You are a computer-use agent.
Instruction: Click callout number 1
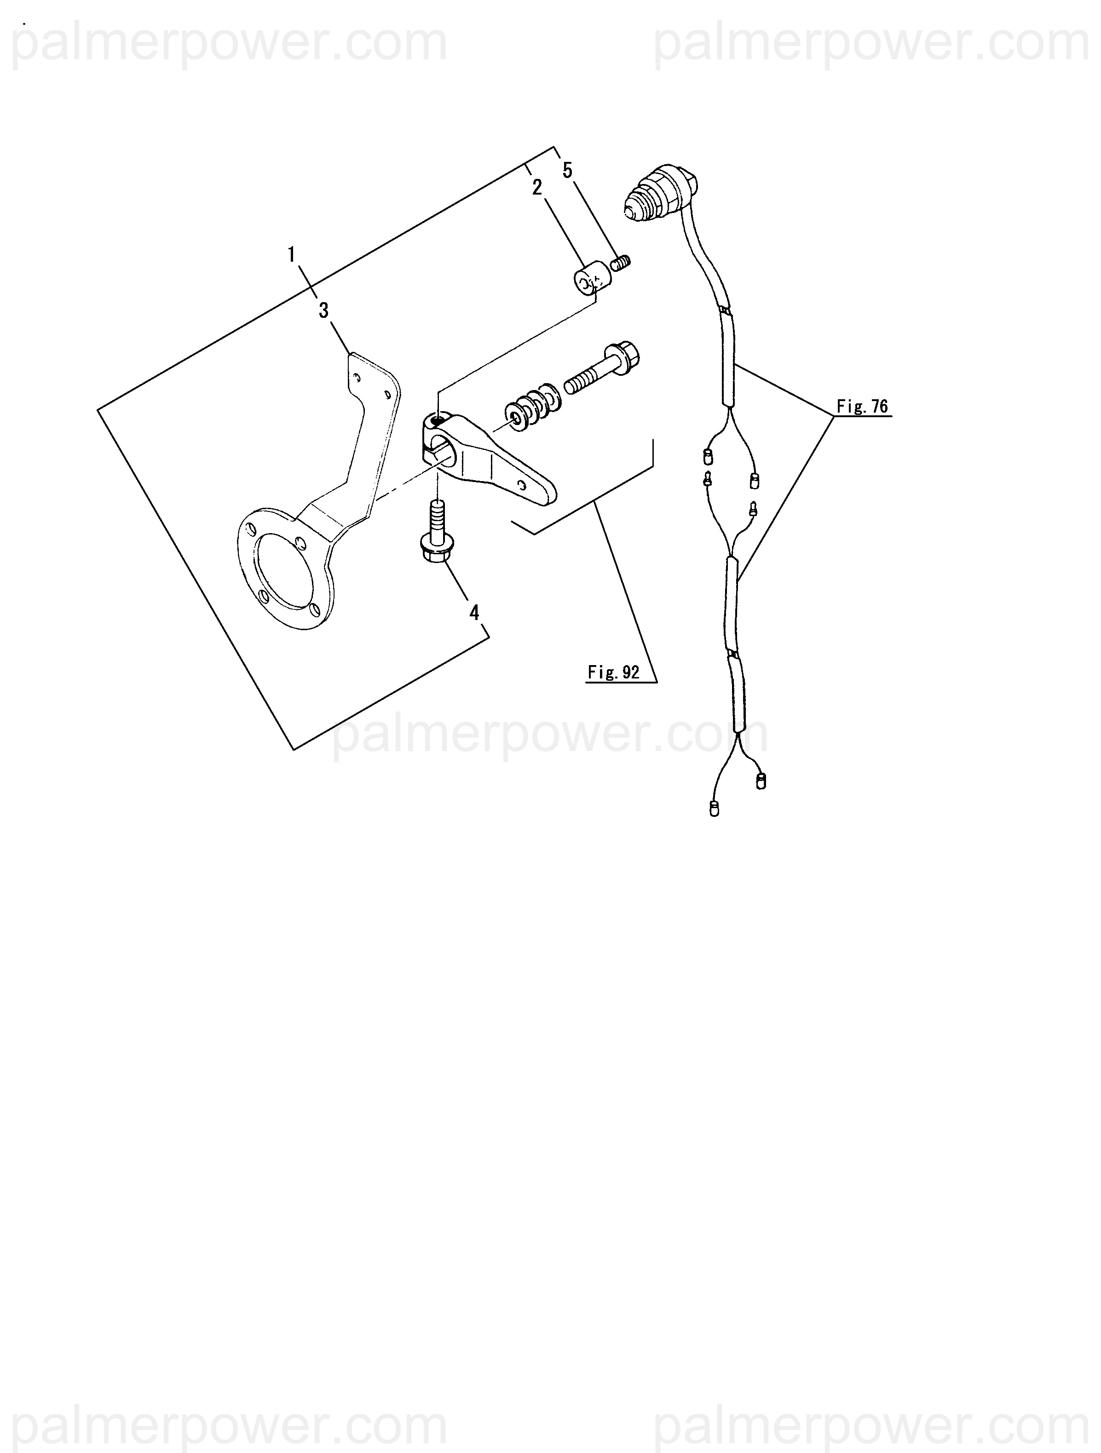coord(292,255)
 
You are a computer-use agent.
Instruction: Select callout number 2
coord(537,188)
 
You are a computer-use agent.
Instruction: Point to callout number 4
coord(473,613)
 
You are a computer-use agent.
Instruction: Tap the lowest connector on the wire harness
coord(715,809)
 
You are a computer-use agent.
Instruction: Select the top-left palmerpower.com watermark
coord(230,43)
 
